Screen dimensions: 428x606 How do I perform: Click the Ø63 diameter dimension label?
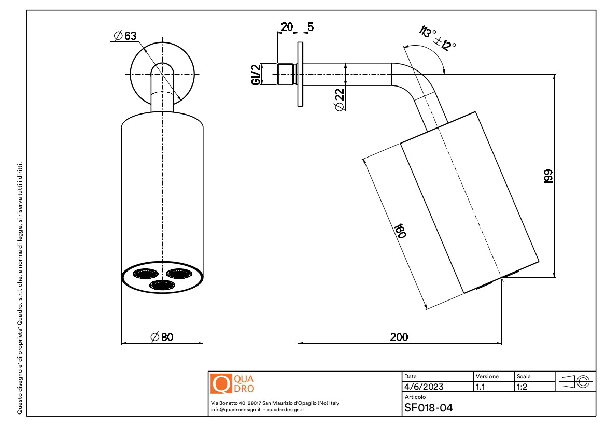(124, 36)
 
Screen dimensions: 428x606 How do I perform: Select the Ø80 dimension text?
(162, 337)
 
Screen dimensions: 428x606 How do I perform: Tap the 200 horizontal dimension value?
(399, 337)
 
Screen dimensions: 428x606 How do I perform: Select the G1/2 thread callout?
(256, 75)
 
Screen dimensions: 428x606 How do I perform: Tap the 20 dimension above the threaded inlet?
(287, 27)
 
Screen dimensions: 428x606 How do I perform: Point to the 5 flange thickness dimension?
(310, 27)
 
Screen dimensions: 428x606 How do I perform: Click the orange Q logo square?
(220, 383)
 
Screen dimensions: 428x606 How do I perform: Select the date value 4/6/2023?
(424, 387)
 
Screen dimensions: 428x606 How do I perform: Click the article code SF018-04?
(428, 408)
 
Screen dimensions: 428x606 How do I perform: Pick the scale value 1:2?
(523, 387)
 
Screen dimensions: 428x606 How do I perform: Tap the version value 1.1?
(481, 387)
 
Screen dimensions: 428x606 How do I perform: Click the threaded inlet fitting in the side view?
(287, 74)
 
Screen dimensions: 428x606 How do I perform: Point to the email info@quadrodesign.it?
(235, 409)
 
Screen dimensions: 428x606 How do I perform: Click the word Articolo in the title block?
(415, 397)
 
